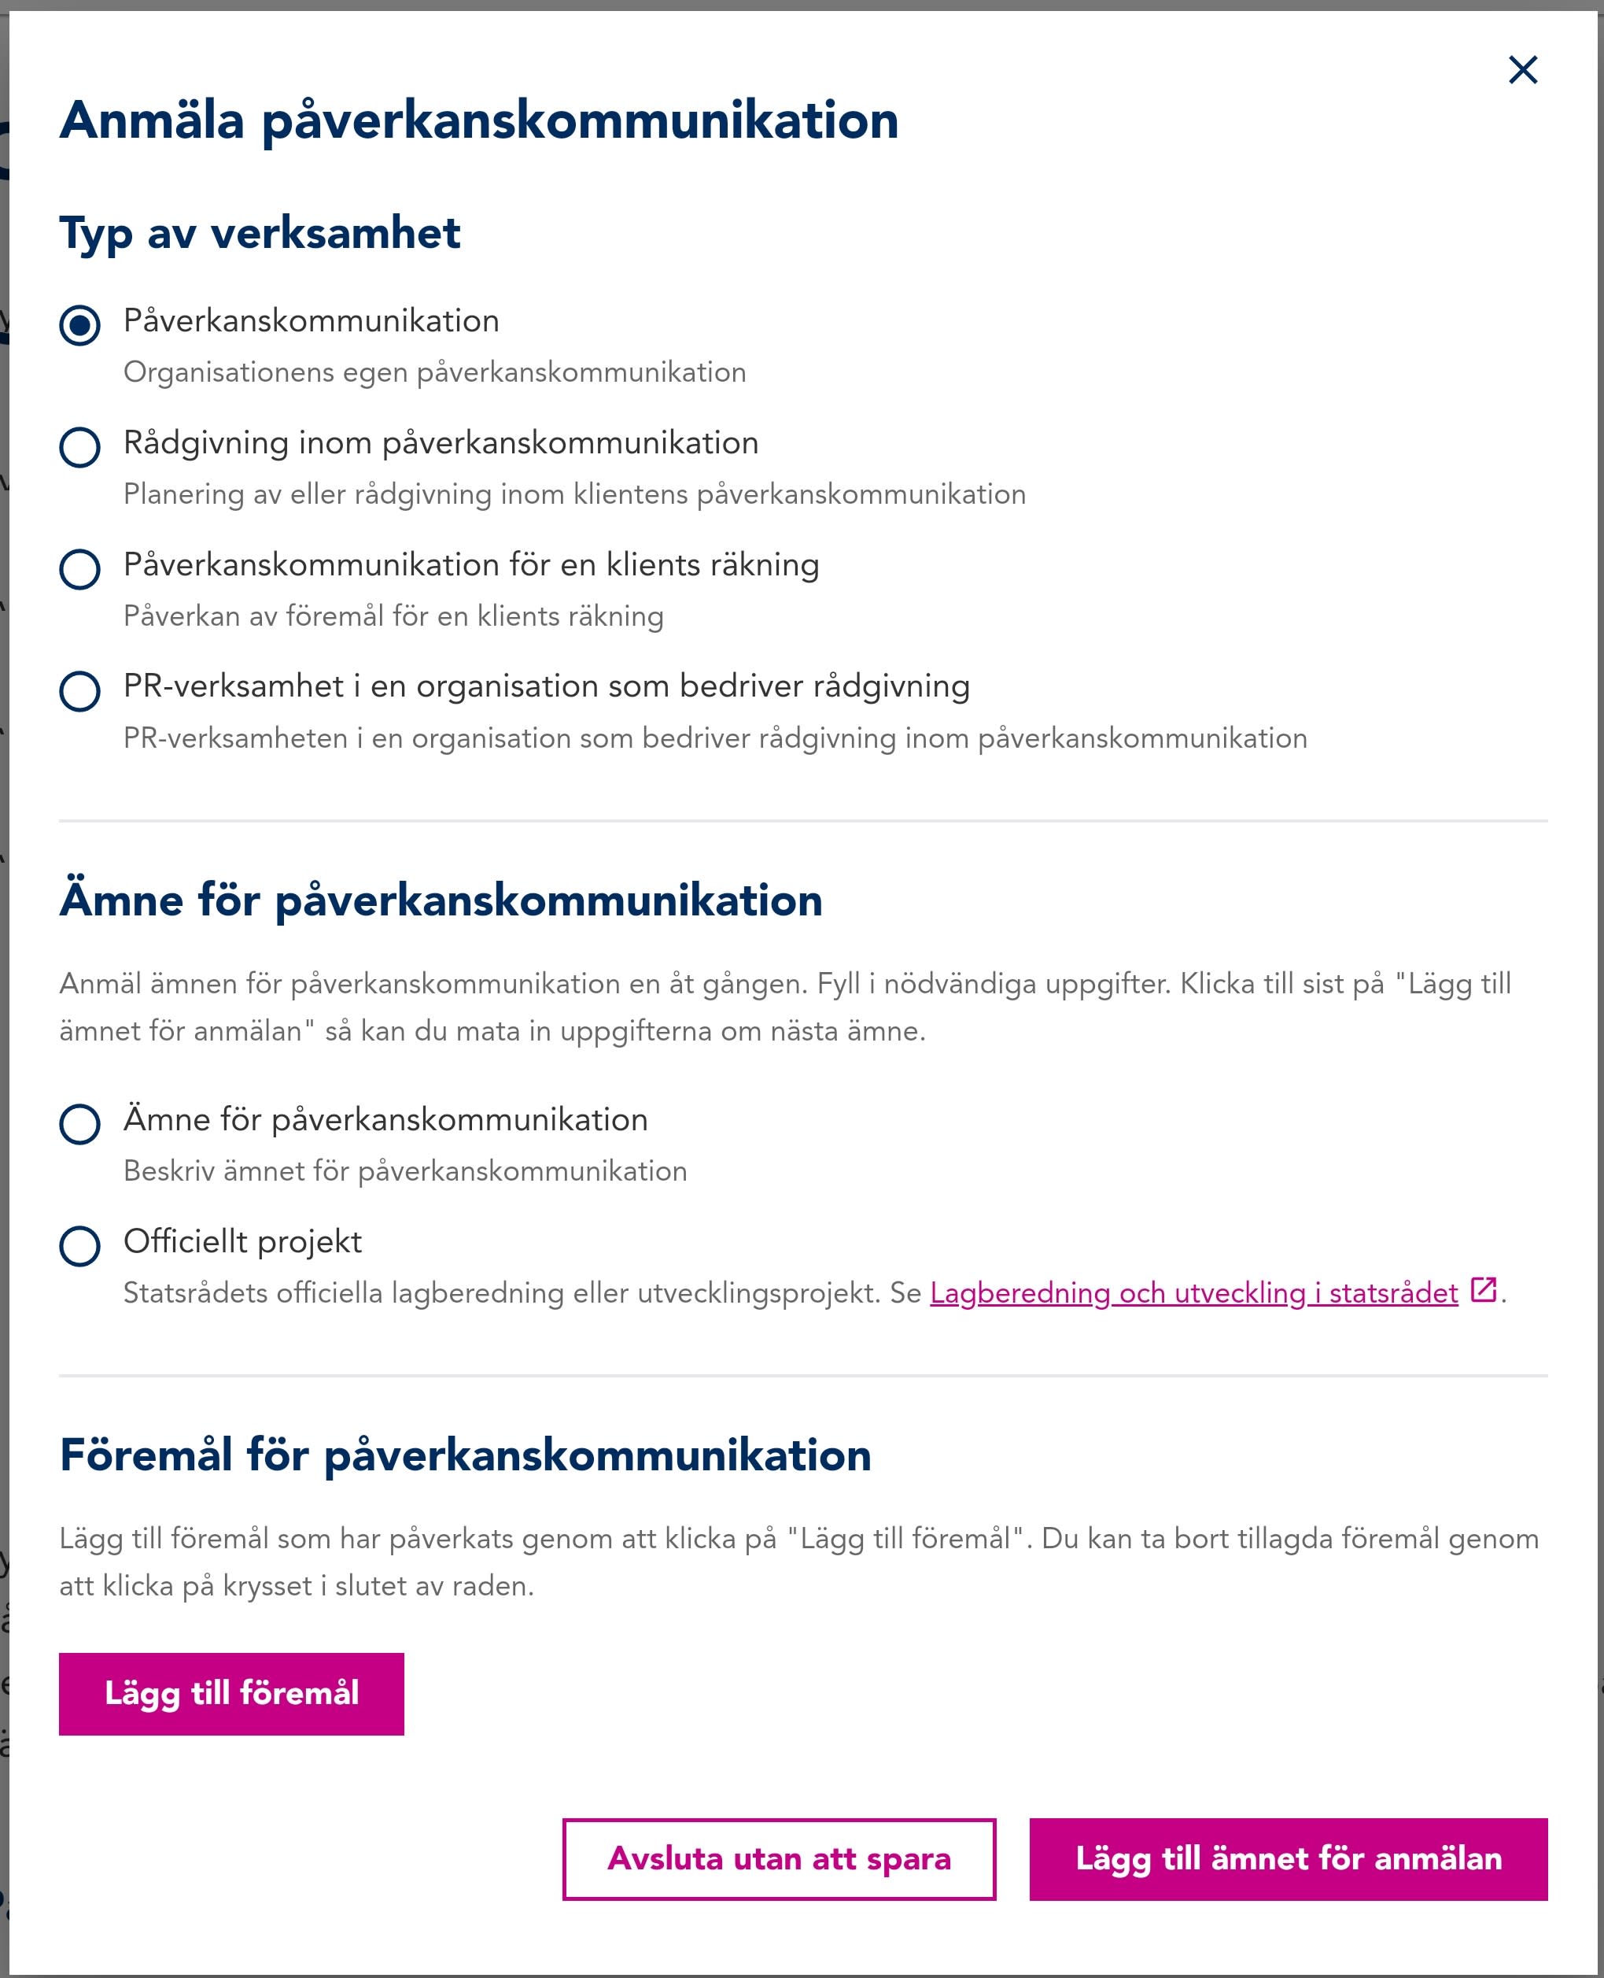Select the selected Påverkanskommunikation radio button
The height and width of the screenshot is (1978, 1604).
click(79, 325)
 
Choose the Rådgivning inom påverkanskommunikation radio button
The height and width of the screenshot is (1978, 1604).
click(79, 447)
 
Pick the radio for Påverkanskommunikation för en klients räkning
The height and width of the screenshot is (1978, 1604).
click(79, 569)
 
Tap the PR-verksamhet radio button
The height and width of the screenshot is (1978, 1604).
click(79, 690)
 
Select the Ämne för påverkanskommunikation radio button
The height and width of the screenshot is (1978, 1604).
click(79, 1124)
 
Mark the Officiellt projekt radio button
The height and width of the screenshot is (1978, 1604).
click(79, 1246)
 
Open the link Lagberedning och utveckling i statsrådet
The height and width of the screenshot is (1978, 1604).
click(1193, 1292)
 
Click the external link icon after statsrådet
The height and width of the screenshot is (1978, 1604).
click(1482, 1289)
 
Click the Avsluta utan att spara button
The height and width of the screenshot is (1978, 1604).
click(778, 1859)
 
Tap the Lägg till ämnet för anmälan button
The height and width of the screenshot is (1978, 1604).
click(1287, 1859)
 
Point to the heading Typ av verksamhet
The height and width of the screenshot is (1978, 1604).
click(260, 233)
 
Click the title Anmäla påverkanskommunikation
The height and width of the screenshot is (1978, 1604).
click(478, 120)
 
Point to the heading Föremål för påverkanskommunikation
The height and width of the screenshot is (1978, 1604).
click(465, 1455)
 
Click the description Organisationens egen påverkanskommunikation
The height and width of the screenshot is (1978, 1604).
click(434, 372)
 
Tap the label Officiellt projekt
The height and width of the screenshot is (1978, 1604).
click(242, 1241)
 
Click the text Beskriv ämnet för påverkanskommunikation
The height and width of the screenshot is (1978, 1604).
click(404, 1171)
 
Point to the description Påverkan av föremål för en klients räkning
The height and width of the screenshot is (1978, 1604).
click(393, 616)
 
